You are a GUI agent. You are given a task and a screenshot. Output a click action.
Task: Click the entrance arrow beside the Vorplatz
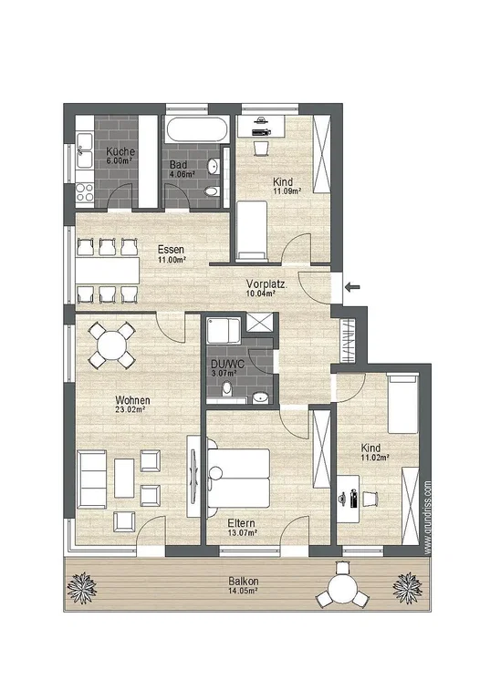353,286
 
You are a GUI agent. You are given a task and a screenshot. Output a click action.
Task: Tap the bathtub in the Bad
197,129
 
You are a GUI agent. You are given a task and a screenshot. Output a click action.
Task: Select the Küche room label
120,152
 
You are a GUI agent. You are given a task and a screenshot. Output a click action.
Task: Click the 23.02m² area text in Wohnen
130,409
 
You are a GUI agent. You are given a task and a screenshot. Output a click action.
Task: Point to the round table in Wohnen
112,345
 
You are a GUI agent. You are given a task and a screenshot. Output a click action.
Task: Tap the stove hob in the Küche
85,192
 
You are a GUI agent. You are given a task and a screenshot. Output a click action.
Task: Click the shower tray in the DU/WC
224,331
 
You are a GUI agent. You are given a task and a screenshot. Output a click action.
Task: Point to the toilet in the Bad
212,191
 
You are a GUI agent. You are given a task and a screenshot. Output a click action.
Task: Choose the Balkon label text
244,582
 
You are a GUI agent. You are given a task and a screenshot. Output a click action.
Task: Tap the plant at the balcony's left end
82,587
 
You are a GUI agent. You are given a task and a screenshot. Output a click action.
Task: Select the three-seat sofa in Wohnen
91,479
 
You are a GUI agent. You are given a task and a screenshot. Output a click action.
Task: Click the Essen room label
171,250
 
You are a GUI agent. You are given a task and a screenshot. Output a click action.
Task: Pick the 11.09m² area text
287,191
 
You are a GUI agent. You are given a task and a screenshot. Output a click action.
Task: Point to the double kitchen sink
85,150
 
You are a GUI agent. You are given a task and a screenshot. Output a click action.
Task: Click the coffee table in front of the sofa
124,478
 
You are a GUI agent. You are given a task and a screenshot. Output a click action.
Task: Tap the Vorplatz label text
266,284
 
